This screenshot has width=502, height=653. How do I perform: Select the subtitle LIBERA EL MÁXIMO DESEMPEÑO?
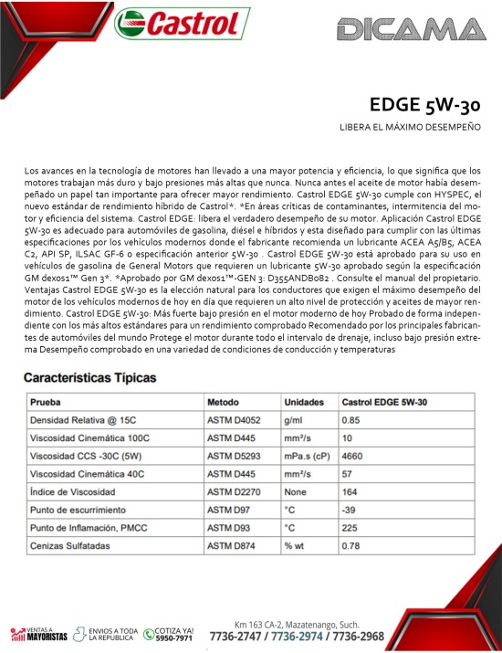[410, 127]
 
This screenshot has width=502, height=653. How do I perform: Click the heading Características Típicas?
[89, 376]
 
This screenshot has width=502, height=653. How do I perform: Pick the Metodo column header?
[223, 402]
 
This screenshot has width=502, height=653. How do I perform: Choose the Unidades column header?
[304, 402]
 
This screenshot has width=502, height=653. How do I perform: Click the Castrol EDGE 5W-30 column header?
[384, 402]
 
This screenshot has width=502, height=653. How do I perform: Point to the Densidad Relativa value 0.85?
[350, 420]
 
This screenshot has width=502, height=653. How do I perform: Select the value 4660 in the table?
[352, 457]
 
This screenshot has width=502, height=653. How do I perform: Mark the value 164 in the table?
[350, 492]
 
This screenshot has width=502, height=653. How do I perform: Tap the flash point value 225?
[350, 528]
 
